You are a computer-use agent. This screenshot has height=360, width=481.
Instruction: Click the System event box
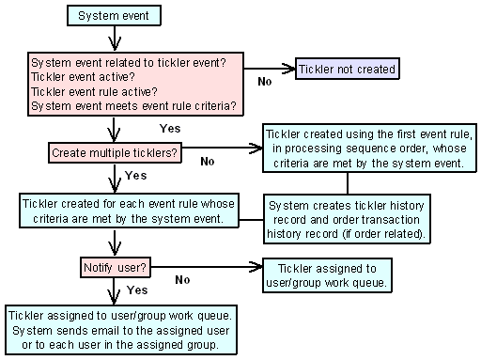pos(112,16)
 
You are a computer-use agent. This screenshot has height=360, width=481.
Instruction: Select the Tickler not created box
pos(347,68)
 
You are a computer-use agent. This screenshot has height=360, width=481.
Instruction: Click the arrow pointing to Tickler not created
pos(272,68)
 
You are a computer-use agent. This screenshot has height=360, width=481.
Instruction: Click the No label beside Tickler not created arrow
pos(266,82)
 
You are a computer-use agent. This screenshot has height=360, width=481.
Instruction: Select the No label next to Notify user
pos(182,279)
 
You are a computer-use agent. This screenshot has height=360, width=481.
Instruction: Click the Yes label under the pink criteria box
pos(170,127)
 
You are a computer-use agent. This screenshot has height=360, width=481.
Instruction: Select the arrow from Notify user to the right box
pos(207,267)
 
